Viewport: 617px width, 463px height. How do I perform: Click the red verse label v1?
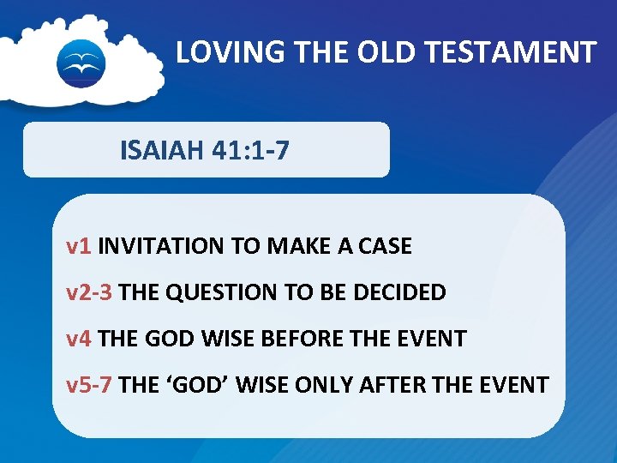click(79, 247)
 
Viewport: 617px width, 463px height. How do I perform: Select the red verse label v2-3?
click(89, 292)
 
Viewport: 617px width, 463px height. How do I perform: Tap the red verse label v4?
click(79, 339)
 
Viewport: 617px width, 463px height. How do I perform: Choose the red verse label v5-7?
click(89, 384)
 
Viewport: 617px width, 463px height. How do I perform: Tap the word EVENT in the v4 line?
click(435, 339)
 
